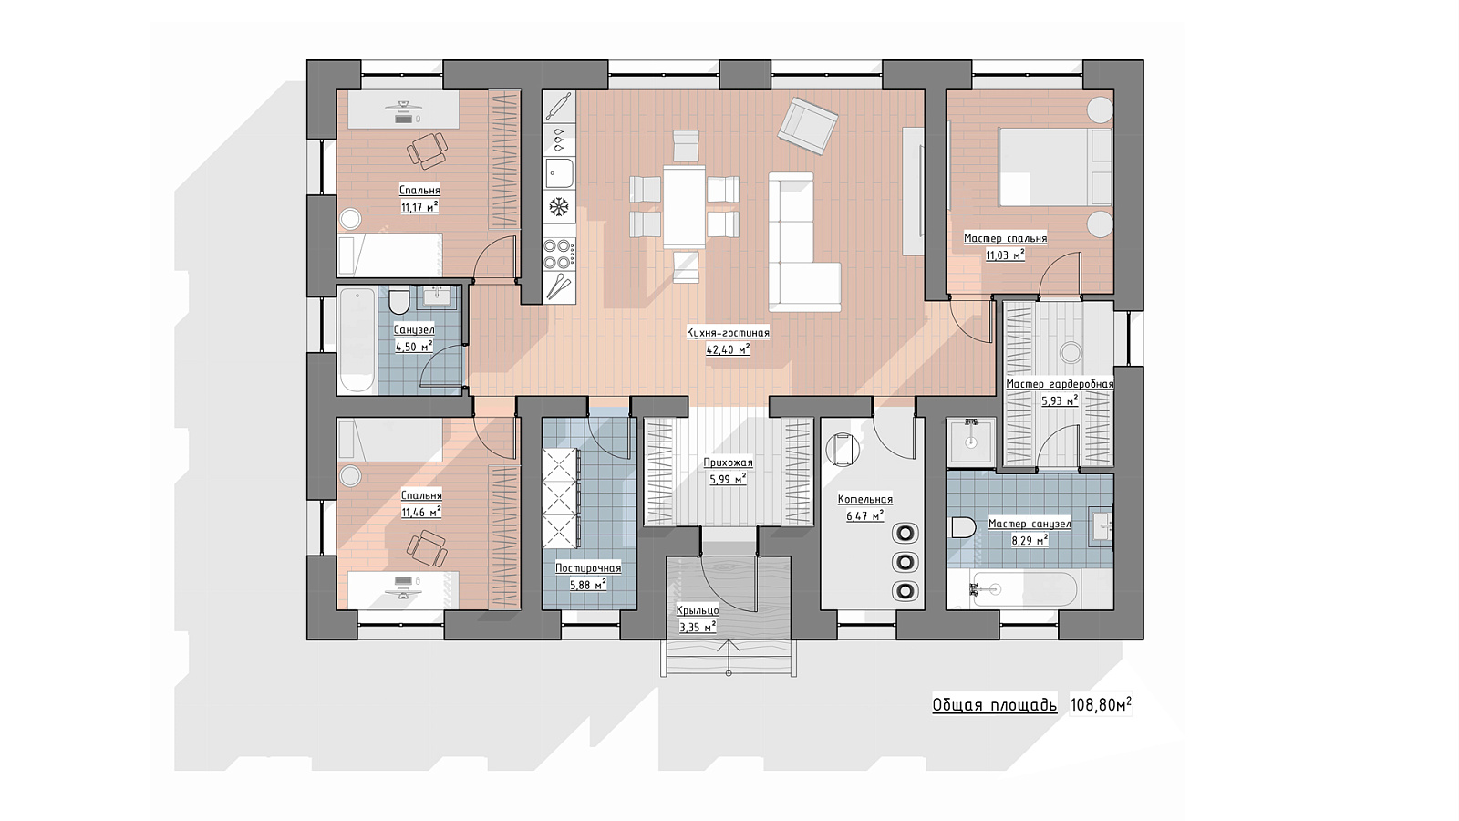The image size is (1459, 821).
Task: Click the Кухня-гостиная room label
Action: pos(728,333)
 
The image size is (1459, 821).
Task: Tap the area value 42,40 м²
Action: pos(728,350)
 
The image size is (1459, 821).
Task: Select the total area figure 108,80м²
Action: pos(1101,705)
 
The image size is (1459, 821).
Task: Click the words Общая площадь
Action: pos(995,706)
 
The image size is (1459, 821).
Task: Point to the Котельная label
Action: pos(865,500)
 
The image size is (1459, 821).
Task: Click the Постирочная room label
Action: pos(588,568)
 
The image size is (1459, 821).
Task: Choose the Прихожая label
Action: pos(728,463)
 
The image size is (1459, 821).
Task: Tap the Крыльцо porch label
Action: pos(698,610)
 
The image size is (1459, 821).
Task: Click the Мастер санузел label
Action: pos(1030,524)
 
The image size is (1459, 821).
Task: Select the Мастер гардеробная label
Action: pos(1060,384)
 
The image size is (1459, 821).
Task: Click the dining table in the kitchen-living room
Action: pos(684,207)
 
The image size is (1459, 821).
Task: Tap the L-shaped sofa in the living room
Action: pos(803,242)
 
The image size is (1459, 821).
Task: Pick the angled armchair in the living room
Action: pos(808,127)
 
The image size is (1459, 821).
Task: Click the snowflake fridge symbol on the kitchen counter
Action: pos(559,207)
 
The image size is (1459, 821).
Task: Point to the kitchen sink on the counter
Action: pos(560,173)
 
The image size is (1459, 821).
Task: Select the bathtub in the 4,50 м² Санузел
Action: pos(357,340)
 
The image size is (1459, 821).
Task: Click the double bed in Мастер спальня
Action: pos(1055,167)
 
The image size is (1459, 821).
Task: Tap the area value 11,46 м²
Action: pos(421,512)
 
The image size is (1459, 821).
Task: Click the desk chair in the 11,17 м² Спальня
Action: pos(428,151)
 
